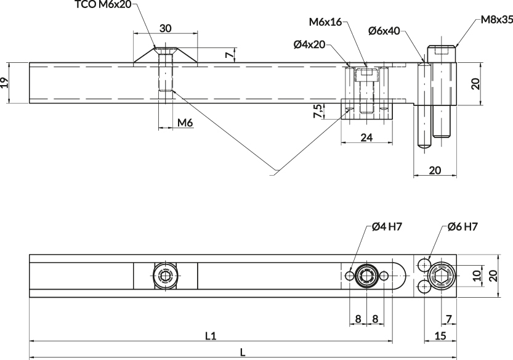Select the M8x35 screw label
pos(496,20)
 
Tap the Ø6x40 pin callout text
pos(384,31)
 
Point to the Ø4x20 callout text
pos(309,44)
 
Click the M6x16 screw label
pos(325,22)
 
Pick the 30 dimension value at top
pos(166,28)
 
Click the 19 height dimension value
pos(4,83)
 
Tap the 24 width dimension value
pos(366,137)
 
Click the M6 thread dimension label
pos(185,123)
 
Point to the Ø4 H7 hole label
pos(386,226)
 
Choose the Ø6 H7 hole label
pos(463,226)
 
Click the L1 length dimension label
pos(211,336)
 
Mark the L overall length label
pos(243,353)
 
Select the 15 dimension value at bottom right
pos(440,336)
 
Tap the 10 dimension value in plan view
pos(477,276)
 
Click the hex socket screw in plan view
pos(442,276)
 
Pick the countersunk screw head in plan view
pos(166,276)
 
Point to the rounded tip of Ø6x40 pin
pos(424,145)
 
